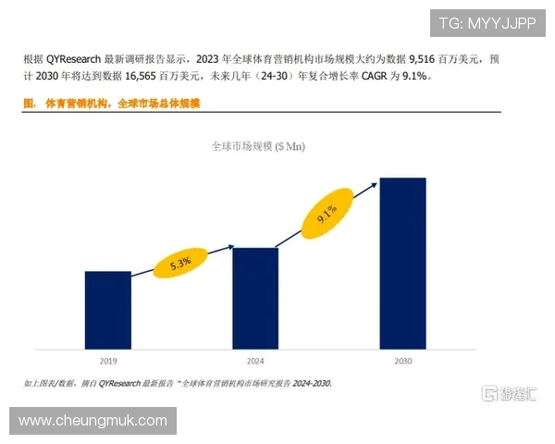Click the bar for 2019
(107, 311)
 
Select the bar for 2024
(255, 299)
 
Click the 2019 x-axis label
(107, 361)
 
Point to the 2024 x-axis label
(255, 361)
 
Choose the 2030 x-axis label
(402, 361)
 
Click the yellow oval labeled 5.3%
(180, 263)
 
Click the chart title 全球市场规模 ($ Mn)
(258, 146)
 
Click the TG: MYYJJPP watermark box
(485, 24)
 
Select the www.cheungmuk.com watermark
(92, 421)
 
